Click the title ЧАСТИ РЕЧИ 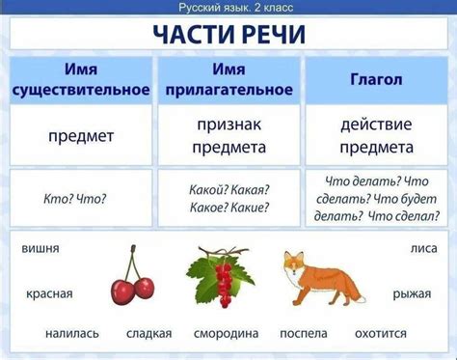228,35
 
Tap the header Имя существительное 81,81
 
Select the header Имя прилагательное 228,81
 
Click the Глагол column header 376,81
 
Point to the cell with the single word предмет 81,136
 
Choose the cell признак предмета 228,136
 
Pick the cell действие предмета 376,136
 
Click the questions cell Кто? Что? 75,198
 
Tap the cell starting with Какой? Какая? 229,198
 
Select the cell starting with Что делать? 376,198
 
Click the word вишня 40,249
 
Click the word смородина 226,334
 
